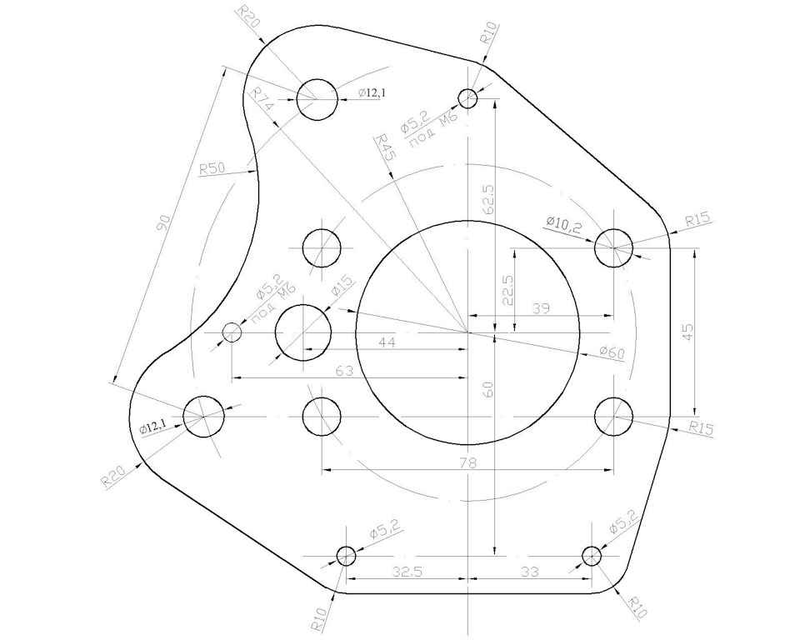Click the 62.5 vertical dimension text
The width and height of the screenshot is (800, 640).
point(488,199)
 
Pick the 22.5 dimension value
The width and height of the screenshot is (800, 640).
point(507,291)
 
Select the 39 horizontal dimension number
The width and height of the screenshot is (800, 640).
point(540,308)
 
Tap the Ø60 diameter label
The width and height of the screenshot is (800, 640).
point(612,353)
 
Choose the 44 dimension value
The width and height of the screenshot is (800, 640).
point(385,342)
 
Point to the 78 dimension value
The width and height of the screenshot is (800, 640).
point(467,462)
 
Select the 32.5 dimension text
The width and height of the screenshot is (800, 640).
point(406,572)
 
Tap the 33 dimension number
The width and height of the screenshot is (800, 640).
point(529,572)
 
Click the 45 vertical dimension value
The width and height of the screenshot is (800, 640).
point(687,331)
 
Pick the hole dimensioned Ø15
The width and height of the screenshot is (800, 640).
point(303,333)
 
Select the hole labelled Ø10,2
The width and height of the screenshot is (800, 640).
point(613,247)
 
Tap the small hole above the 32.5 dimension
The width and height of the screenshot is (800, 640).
point(346,555)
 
